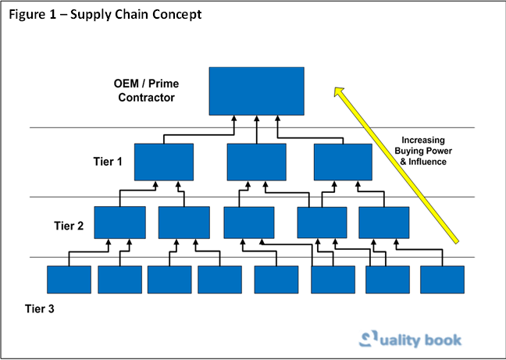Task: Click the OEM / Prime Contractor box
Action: pos(257,90)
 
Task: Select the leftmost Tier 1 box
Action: pos(164,162)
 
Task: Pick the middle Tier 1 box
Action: pos(257,162)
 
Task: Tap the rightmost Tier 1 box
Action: pos(343,162)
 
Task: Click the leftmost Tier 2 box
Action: pos(119,222)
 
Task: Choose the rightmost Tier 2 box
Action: pos(384,222)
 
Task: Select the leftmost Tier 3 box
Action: pos(69,280)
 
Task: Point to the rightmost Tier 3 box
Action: pos(443,280)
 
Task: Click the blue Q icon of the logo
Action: pos(369,337)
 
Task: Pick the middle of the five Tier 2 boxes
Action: pos(248,222)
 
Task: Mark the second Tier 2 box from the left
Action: pos(184,222)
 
